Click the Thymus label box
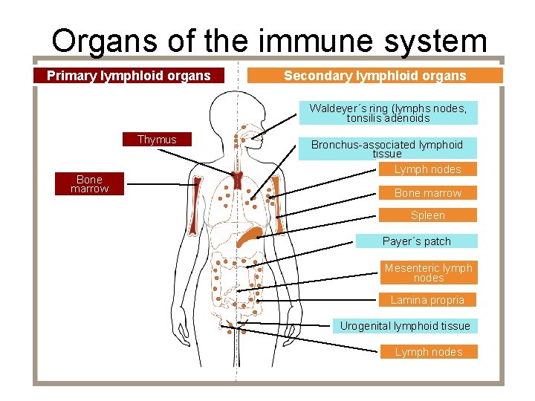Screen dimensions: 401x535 (157, 140)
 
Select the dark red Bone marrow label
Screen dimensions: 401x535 (90, 184)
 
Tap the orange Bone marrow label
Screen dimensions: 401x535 (427, 193)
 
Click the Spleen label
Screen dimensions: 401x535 (427, 215)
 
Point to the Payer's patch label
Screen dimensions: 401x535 (416, 241)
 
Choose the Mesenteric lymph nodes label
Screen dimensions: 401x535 (428, 273)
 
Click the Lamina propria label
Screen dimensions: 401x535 (427, 300)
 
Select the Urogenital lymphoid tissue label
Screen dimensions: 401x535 (405, 326)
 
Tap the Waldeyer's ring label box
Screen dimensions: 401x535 (388, 113)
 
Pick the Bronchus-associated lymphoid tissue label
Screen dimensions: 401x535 (386, 149)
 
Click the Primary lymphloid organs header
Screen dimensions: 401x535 (129, 76)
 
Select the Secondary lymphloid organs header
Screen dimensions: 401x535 (374, 76)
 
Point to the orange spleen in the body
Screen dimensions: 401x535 (249, 238)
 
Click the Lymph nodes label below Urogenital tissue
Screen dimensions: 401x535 (428, 352)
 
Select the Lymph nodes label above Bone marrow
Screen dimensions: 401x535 (427, 169)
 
